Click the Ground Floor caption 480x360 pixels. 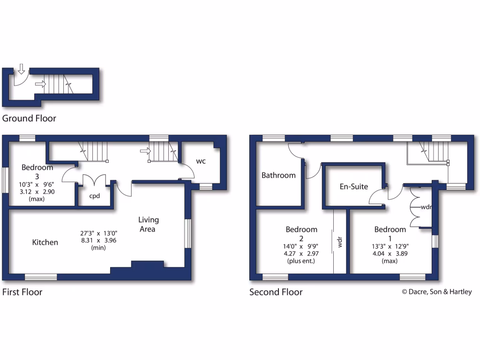(29, 118)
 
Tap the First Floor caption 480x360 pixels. (22, 292)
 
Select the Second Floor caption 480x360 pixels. (276, 292)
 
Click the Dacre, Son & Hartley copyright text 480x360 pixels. (437, 292)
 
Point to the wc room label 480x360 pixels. (201, 161)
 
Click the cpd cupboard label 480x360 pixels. (95, 196)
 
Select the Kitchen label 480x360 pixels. (45, 242)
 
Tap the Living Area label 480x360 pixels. (149, 224)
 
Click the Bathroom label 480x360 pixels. (278, 175)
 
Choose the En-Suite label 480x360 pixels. (354, 187)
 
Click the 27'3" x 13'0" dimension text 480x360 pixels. (98, 233)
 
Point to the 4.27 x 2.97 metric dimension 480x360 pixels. (302, 253)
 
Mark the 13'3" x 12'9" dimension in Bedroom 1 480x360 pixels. (390, 246)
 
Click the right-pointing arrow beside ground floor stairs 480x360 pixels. (40, 84)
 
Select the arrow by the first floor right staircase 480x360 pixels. (145, 151)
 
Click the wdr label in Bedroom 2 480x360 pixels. (340, 242)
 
